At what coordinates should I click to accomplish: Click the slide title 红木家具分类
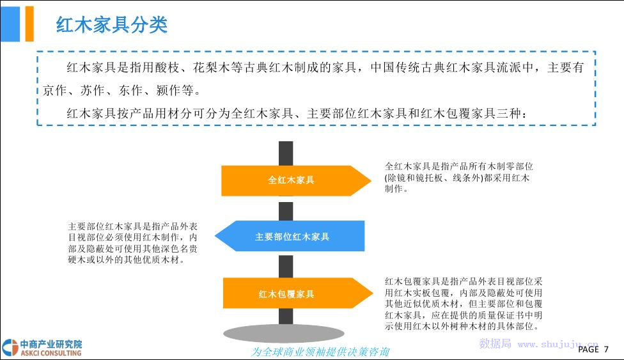111,25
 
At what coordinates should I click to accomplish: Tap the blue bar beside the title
10,24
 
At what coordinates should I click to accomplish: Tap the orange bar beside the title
29,24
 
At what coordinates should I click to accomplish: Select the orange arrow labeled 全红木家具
296,180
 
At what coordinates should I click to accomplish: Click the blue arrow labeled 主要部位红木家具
290,236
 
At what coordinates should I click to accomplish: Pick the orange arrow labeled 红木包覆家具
298,293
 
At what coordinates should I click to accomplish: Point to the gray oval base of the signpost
284,334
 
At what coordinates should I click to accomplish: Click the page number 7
606,349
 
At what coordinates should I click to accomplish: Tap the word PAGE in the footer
589,349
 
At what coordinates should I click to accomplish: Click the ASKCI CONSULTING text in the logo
51,353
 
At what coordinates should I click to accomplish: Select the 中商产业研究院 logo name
51,344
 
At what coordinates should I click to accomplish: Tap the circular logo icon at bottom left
10,347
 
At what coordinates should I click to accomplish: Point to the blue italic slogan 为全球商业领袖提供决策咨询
320,352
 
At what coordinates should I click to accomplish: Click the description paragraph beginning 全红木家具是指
459,177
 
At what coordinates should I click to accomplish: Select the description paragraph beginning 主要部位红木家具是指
132,243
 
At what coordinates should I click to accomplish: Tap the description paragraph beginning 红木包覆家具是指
464,304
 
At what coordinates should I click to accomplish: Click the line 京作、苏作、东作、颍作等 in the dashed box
121,90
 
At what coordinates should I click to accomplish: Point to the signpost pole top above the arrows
286,153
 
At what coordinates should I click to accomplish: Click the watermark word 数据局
495,343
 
